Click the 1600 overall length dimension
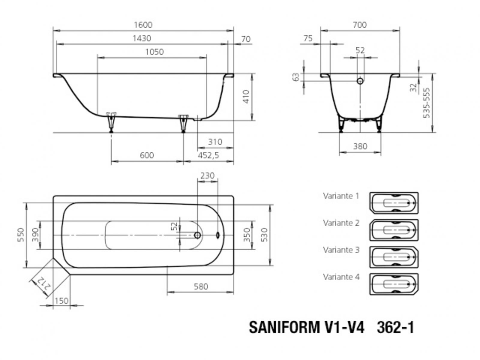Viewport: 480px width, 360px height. (x=143, y=25)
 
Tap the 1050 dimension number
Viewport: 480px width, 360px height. (x=154, y=52)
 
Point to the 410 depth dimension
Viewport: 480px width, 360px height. (x=246, y=96)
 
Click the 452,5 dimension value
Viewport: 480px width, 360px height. (x=208, y=155)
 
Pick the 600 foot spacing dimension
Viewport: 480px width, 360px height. (x=147, y=155)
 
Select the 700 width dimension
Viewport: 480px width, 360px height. (x=360, y=25)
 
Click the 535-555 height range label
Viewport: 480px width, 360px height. (x=426, y=103)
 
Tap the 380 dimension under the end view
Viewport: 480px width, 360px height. (x=360, y=146)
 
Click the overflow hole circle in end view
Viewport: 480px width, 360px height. (x=360, y=81)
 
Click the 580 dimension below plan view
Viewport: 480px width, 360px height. (x=201, y=286)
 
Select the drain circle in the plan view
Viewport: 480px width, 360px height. (x=197, y=235)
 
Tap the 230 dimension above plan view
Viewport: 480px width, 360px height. (x=208, y=175)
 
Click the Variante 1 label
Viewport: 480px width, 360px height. (x=341, y=196)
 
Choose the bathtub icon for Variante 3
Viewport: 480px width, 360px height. (x=394, y=257)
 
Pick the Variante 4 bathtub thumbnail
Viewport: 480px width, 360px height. (x=394, y=284)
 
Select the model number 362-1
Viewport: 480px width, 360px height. (x=395, y=327)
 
